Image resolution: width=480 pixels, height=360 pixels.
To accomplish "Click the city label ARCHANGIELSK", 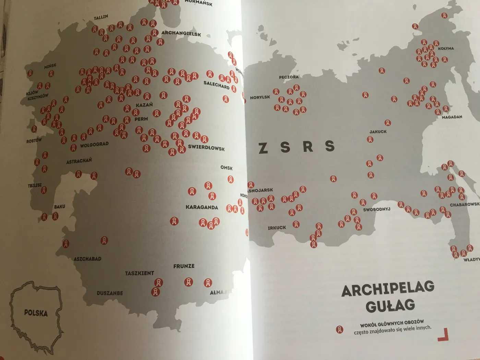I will click(x=181, y=34).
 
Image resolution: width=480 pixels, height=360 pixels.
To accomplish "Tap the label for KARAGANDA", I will click(x=202, y=207).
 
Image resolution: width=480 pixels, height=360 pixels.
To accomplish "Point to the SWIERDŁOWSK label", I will click(x=206, y=148).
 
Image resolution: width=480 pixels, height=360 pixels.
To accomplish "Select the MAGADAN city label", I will click(x=452, y=117).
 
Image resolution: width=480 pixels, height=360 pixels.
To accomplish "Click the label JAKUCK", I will click(x=378, y=132).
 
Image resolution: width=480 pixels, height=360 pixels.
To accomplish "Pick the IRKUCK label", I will click(x=277, y=228).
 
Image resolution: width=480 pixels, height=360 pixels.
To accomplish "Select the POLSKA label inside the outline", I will click(x=36, y=313).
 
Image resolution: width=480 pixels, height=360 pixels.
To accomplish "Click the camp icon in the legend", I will click(x=339, y=329).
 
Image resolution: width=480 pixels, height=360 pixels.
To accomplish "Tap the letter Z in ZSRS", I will click(x=263, y=148).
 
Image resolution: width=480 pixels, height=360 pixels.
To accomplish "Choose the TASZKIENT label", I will click(x=139, y=273).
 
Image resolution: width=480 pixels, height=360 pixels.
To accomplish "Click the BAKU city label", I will click(x=59, y=207).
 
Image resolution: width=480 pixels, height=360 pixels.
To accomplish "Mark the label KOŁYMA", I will click(x=446, y=48).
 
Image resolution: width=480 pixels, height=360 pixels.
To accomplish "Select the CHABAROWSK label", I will click(x=465, y=204).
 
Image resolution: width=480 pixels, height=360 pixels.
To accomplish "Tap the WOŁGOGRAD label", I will click(x=94, y=144).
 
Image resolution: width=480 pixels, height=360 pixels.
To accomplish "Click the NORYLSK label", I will click(x=260, y=97).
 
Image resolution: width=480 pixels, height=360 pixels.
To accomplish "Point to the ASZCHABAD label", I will click(x=87, y=259).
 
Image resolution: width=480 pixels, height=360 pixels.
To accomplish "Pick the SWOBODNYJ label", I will click(x=376, y=209).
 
